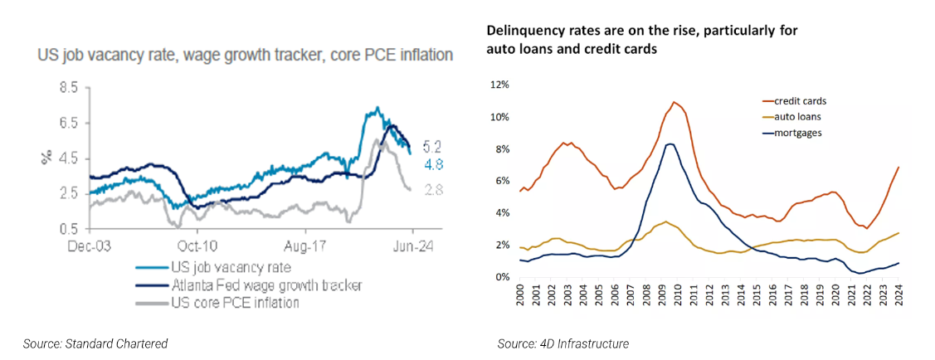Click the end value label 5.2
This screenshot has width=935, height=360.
431,147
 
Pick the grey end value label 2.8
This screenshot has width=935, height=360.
431,190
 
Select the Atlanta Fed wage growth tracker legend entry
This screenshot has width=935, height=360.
263,285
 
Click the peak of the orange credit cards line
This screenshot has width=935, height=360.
674,102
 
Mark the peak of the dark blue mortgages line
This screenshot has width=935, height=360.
670,144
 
